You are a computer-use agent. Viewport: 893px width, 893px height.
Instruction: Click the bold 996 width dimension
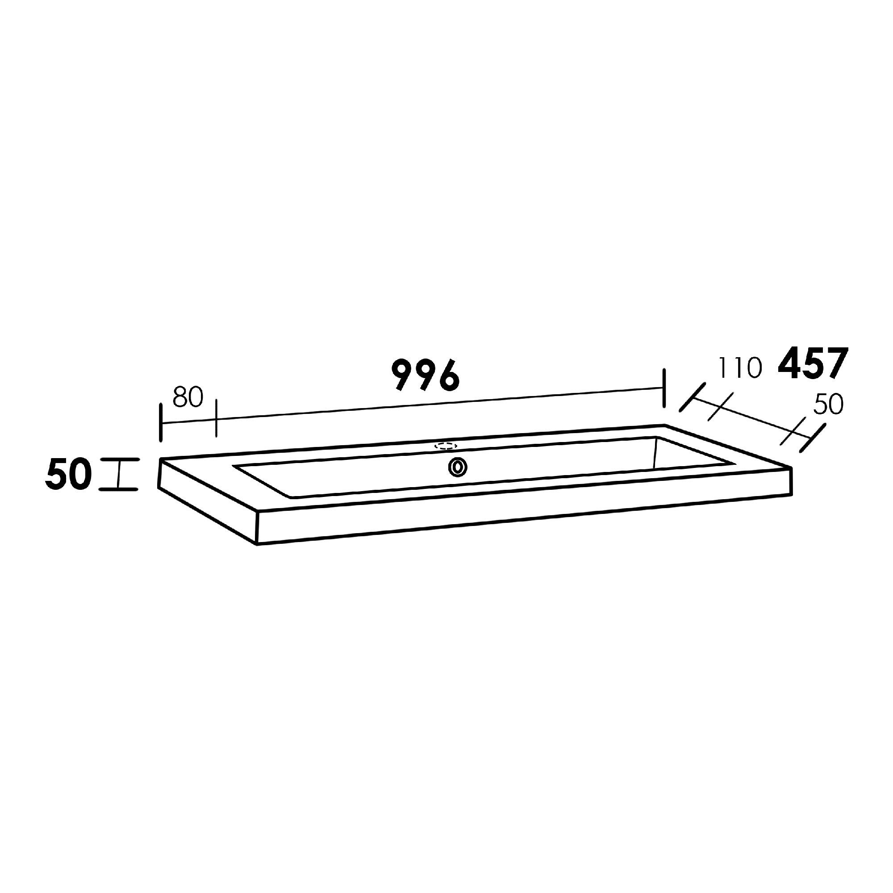pos(426,376)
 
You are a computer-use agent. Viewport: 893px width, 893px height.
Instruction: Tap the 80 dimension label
pos(188,397)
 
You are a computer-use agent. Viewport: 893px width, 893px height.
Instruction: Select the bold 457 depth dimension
pos(813,364)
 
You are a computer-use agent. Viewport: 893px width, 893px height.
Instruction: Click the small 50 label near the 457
pos(828,405)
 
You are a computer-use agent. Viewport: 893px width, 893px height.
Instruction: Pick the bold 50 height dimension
pos(68,475)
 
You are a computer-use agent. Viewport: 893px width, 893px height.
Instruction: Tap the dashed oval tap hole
pos(446,446)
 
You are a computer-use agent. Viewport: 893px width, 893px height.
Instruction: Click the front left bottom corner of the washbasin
pos(258,544)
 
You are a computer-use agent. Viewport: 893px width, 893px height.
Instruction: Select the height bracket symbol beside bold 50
pos(119,474)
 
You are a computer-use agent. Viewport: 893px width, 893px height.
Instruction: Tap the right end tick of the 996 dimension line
pos(664,388)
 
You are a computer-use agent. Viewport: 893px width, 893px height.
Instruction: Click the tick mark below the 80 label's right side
pos(216,419)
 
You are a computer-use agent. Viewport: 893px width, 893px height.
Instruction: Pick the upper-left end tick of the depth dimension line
pos(693,397)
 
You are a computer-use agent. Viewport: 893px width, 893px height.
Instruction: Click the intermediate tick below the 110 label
pos(720,407)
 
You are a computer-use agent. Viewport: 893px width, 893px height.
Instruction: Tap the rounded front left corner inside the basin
pos(291,497)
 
